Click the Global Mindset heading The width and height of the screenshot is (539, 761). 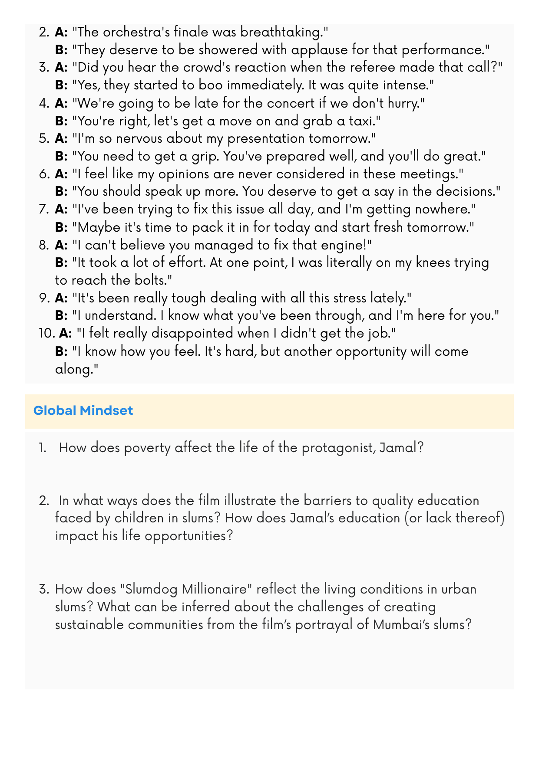(x=83, y=410)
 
